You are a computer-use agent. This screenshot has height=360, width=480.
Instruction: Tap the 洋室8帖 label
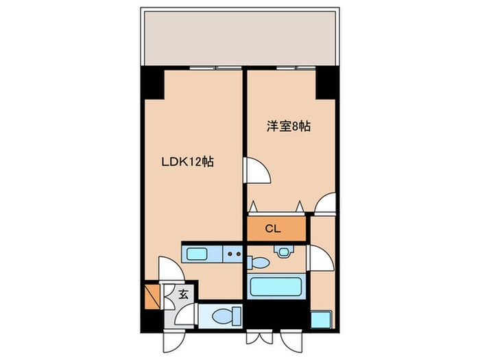pyautogui.click(x=289, y=127)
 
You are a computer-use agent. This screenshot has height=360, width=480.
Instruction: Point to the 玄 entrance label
pyautogui.click(x=183, y=296)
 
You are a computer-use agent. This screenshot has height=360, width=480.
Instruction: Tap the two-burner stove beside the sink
pyautogui.click(x=234, y=255)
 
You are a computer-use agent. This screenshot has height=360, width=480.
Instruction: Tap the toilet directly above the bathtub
pyautogui.click(x=258, y=262)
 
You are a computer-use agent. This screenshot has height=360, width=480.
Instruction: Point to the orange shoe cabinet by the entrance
pyautogui.click(x=153, y=296)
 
